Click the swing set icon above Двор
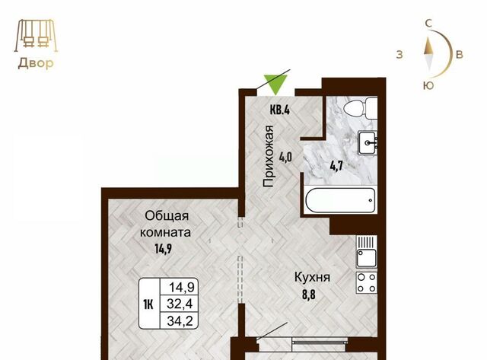(36, 35)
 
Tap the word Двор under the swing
(36, 63)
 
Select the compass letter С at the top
(428, 24)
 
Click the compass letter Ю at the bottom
(428, 85)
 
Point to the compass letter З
(399, 54)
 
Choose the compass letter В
(460, 54)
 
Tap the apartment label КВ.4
(280, 110)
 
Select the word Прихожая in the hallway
(268, 156)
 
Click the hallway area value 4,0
(285, 158)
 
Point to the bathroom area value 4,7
(336, 166)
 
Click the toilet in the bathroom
(360, 108)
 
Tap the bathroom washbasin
(368, 143)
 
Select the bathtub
(341, 200)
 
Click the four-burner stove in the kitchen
(367, 282)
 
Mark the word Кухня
(312, 277)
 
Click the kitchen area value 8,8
(309, 295)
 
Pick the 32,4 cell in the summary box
(179, 304)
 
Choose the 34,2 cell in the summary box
(179, 320)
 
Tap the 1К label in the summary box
(148, 304)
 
